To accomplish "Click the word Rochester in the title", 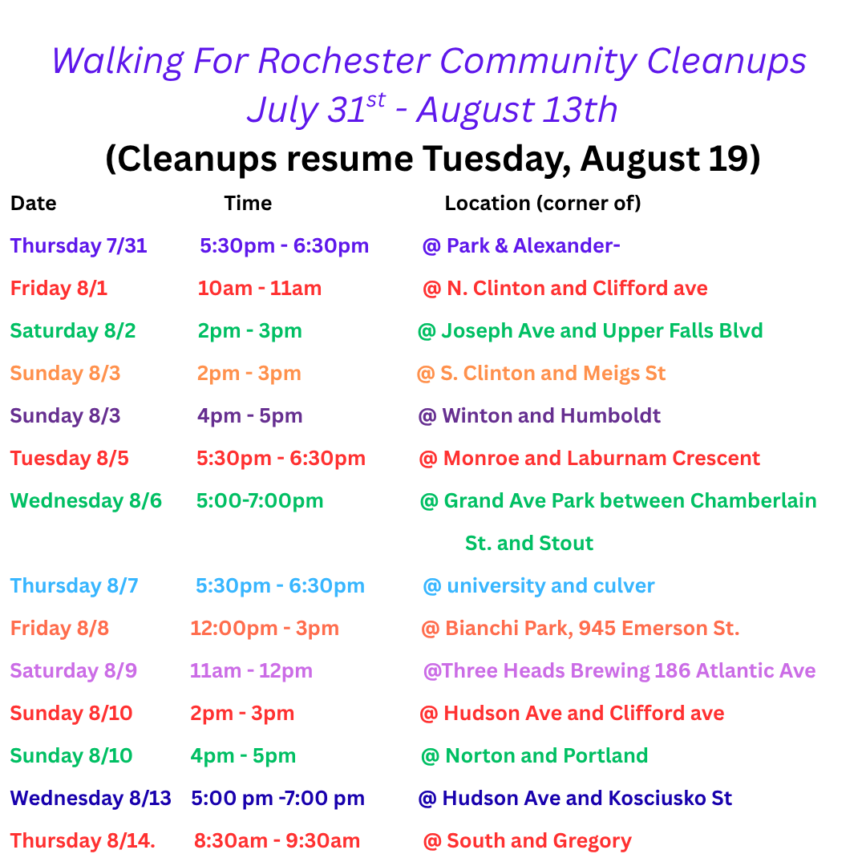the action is pos(344,60).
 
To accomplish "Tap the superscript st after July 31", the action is pos(375,100).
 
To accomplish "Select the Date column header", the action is pos(33,203).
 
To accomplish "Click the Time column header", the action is pos(248,203).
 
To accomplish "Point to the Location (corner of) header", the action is pos(543,203).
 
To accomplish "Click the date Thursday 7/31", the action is pos(79,246).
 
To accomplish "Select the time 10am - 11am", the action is pos(260,289).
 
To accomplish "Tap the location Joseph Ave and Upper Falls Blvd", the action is pos(602,331).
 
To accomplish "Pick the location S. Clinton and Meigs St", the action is pos(552,374).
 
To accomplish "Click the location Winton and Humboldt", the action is pos(551,416).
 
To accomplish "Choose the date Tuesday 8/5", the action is pos(69,459).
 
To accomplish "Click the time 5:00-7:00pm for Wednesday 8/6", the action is pos(260,501).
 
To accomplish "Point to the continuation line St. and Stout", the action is pos(529,544).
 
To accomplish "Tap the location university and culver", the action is pos(551,586).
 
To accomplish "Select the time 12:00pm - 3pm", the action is pos(265,629).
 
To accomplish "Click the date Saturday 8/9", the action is pos(74,671).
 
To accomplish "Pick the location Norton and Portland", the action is pos(546,755).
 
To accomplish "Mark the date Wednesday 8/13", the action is pos(91,798).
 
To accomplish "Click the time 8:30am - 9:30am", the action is pos(277,840).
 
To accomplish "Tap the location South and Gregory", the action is pos(539,841).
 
